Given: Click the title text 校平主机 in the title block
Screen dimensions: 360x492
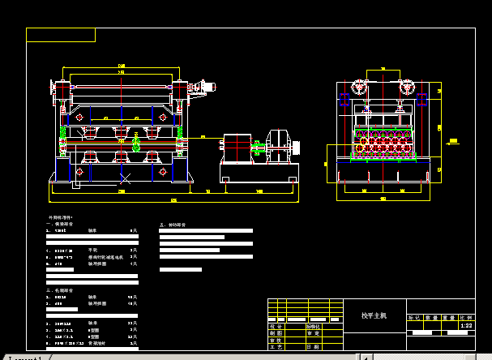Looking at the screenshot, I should (x=374, y=315).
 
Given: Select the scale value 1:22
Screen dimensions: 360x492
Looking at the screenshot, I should (x=466, y=325).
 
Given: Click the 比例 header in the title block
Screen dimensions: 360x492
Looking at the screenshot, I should (x=466, y=317).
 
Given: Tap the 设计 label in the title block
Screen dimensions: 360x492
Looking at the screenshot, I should (x=276, y=325).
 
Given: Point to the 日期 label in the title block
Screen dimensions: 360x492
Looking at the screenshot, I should (x=313, y=347).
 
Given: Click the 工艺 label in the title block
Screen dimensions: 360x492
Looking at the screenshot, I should (x=276, y=347).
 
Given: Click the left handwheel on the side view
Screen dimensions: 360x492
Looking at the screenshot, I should (x=357, y=88).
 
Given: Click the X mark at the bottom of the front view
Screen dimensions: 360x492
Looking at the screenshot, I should (x=124, y=176).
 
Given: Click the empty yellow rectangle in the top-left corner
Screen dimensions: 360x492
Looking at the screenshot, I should (x=61, y=35).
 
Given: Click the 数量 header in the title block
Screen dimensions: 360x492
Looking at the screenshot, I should (x=431, y=317).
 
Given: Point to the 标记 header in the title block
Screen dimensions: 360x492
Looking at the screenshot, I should (x=414, y=317).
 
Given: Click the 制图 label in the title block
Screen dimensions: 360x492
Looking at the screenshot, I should (x=276, y=332).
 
